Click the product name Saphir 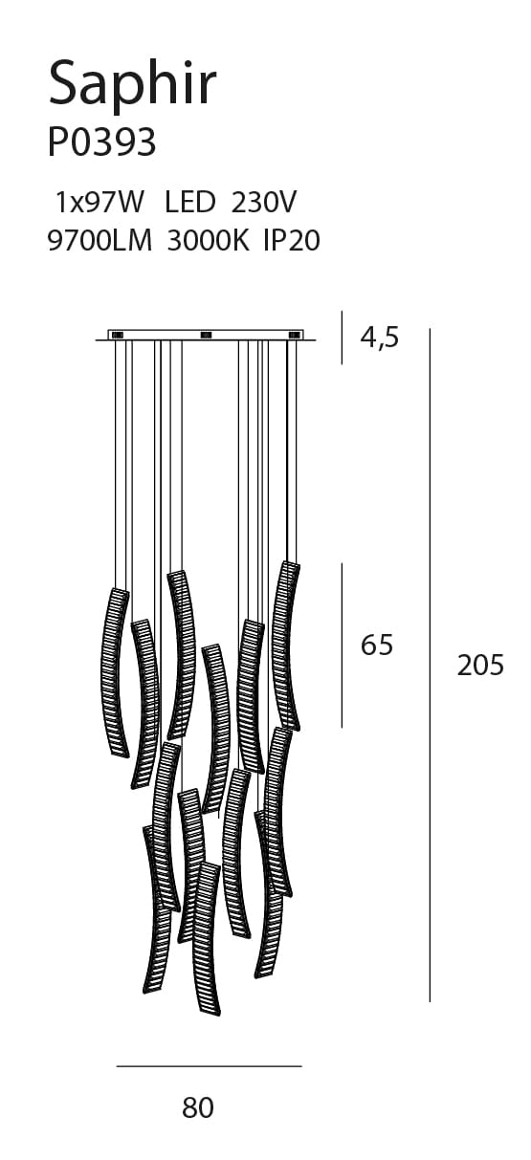(x=132, y=85)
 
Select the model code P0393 (x=101, y=142)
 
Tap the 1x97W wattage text (x=99, y=202)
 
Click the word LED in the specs (x=189, y=202)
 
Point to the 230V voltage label (x=264, y=202)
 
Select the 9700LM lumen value (x=100, y=241)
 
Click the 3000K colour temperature (x=208, y=241)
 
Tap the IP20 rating (x=292, y=241)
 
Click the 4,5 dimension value (x=380, y=339)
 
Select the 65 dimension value (x=377, y=646)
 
